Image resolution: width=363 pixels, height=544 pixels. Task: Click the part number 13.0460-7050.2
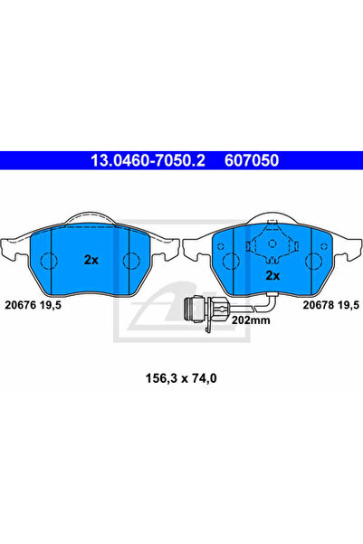(x=148, y=160)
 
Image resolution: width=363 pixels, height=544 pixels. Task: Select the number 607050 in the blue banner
(x=252, y=160)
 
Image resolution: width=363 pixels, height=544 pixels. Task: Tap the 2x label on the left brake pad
(x=91, y=260)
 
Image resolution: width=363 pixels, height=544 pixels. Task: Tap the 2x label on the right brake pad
(x=272, y=275)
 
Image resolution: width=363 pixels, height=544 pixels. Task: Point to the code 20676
(x=21, y=305)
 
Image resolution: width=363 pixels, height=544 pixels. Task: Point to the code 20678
(x=319, y=305)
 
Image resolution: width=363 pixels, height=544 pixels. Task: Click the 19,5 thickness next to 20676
(x=51, y=305)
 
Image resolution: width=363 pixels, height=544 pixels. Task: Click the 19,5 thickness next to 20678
(x=349, y=305)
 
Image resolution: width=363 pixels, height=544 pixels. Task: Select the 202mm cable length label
(x=251, y=320)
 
